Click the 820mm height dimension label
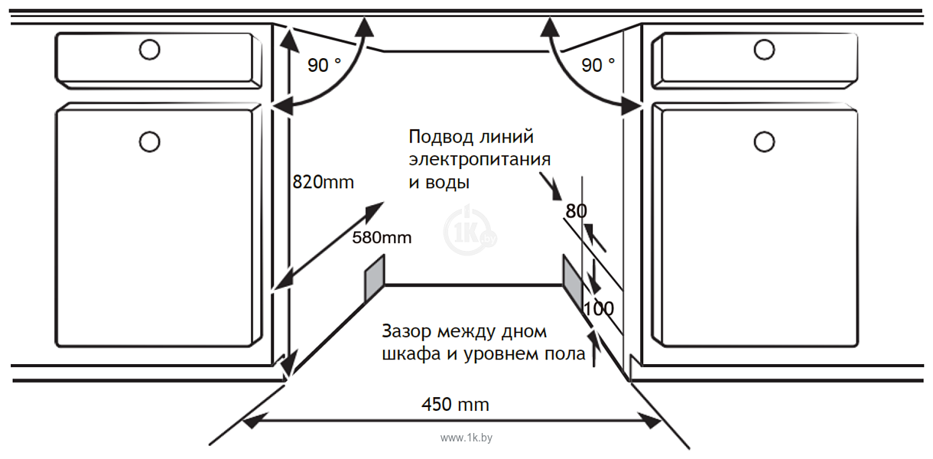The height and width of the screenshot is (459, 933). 323,182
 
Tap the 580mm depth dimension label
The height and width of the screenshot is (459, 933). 382,237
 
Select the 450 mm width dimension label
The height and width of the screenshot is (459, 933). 455,405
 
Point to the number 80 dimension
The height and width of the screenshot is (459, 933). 576,211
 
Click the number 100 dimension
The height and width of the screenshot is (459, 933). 599,308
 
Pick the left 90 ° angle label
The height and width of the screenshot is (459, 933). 324,65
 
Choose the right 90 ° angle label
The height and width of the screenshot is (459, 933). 598,65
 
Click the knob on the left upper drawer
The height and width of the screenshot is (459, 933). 150,50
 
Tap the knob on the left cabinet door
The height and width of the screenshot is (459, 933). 150,142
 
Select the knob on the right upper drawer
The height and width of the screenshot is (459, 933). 764,50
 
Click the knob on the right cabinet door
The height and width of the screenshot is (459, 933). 764,142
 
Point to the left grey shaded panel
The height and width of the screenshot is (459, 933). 375,278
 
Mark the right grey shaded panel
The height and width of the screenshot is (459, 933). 573,282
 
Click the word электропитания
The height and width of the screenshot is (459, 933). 480,160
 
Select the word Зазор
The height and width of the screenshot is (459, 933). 407,331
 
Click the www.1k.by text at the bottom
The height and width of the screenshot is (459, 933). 466,438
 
